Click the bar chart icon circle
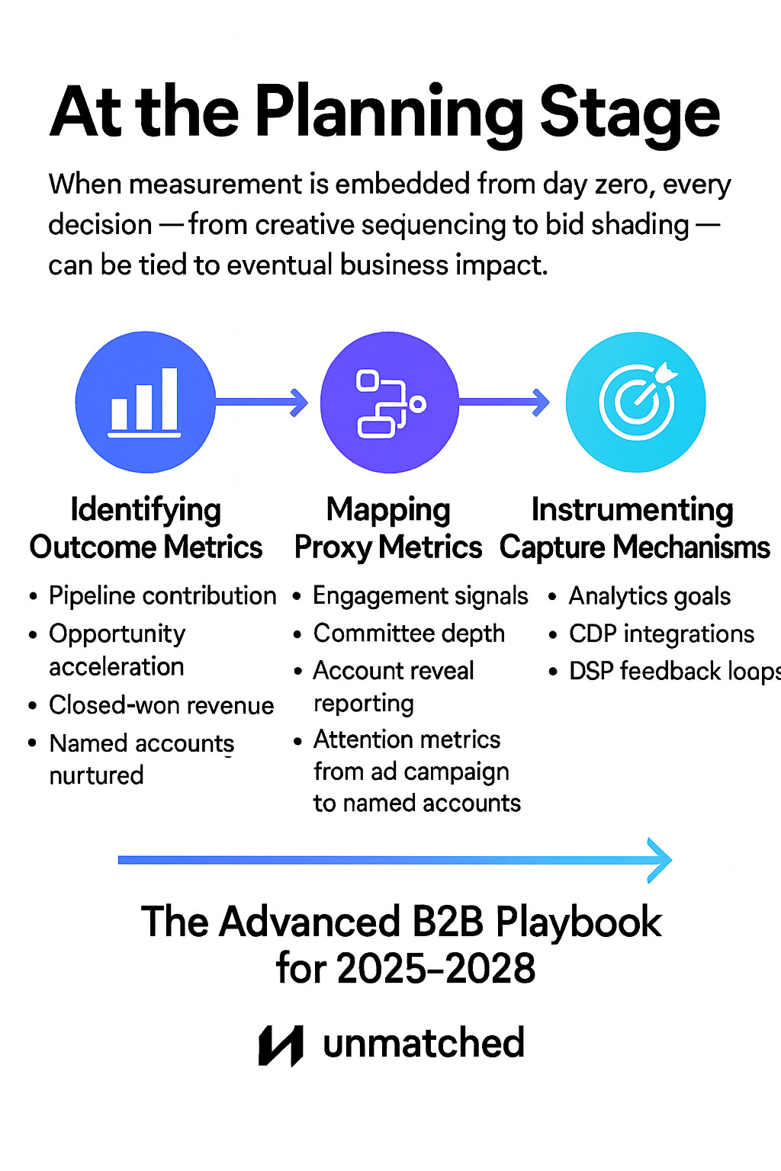click(x=145, y=402)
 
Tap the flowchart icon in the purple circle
click(x=389, y=402)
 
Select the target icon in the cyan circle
click(x=636, y=402)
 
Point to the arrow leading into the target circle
click(x=504, y=402)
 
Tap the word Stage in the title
click(x=629, y=114)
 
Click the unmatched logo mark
click(x=281, y=1044)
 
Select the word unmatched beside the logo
click(x=424, y=1043)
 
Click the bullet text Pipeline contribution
click(x=162, y=596)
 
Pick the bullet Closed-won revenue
click(x=162, y=705)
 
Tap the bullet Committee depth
click(x=409, y=634)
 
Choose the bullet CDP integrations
click(x=661, y=634)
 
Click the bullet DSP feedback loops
click(x=674, y=672)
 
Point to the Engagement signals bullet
click(x=420, y=596)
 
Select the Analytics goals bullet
click(x=650, y=596)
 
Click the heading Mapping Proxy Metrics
click(x=388, y=528)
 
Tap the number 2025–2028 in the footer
click(x=437, y=969)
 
